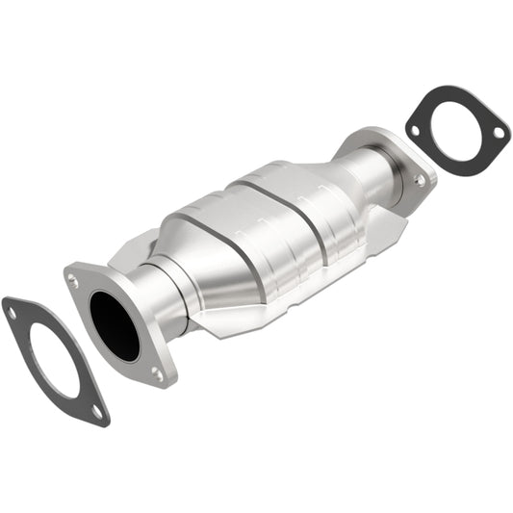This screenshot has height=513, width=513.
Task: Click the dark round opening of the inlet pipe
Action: pos(115,326)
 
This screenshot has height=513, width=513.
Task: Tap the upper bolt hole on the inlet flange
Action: pos(73,281)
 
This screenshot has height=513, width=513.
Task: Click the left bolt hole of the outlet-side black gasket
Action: pos(415,129)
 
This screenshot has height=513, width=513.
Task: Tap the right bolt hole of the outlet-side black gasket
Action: pos(497,134)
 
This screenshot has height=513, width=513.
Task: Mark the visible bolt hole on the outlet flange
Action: pos(420,179)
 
